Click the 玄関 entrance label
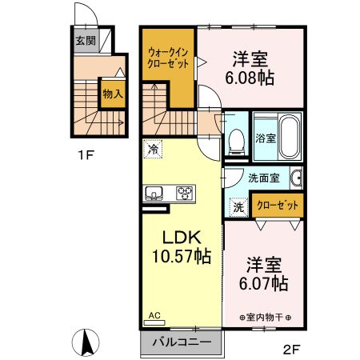(x=85, y=40)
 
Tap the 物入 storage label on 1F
(x=112, y=94)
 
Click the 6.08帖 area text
(x=250, y=78)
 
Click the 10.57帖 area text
(x=182, y=257)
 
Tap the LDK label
(x=181, y=237)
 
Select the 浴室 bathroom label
(x=265, y=138)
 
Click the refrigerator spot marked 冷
(x=153, y=149)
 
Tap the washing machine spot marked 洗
(x=238, y=206)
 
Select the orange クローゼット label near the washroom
(x=276, y=205)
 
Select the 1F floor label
(x=87, y=154)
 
